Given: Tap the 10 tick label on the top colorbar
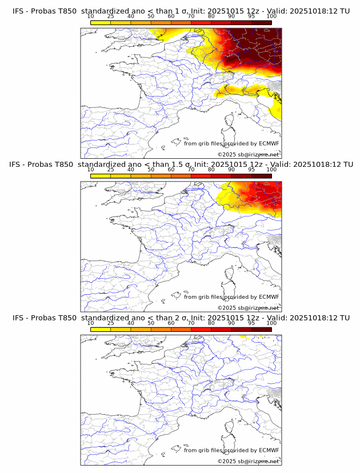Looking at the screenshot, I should point(91,16).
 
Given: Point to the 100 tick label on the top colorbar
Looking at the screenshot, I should point(271,16).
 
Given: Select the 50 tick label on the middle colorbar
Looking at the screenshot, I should point(151,170).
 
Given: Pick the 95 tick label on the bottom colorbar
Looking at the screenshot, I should point(251,323).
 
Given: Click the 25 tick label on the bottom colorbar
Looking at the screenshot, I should point(111,323).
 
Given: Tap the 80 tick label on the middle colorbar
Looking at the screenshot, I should point(211,170).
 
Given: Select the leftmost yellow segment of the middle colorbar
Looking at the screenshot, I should point(101,176).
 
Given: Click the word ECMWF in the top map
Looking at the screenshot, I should point(269,143).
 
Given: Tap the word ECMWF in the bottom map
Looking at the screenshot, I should point(269,450).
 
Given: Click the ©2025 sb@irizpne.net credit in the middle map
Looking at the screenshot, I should point(248,308).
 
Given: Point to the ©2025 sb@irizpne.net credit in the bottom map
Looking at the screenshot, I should point(248,461).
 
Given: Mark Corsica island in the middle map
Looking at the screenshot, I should point(230,276).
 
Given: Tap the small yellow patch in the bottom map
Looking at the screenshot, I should point(243,336).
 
